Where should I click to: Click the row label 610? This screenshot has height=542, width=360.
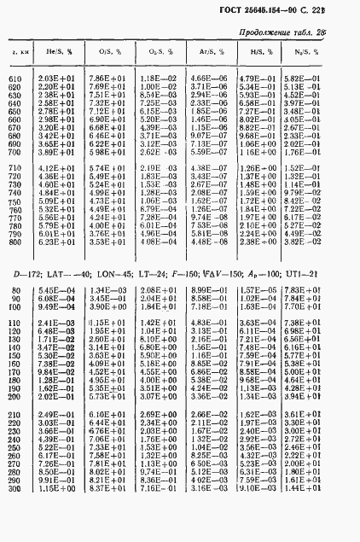click(15, 79)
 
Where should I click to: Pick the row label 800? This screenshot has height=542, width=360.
click(15, 242)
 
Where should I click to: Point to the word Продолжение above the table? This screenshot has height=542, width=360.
click(278, 31)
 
